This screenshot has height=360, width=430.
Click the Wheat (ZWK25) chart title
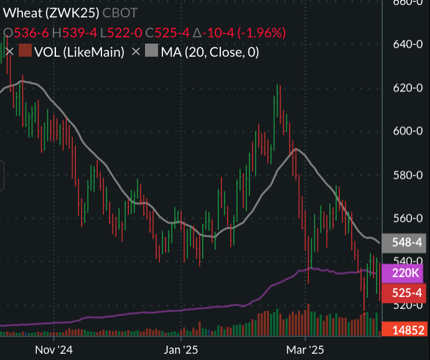point(51,12)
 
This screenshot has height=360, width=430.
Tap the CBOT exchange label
point(120,12)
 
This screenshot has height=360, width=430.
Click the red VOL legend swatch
point(25,52)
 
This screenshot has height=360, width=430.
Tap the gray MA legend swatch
point(152,52)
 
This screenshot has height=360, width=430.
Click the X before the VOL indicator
point(9,52)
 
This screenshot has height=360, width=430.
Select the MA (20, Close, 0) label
point(210,52)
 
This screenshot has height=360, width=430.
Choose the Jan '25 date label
point(180,350)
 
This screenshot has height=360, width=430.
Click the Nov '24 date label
point(55,350)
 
